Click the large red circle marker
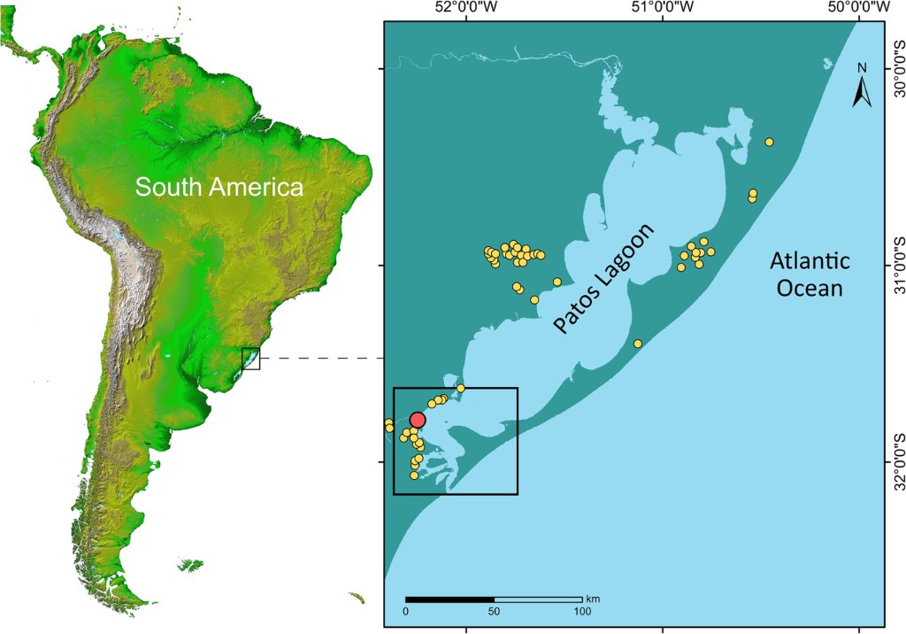(x=418, y=420)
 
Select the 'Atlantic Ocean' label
(x=809, y=274)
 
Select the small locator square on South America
(x=251, y=358)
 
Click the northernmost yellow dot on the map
(x=770, y=142)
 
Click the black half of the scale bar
(x=449, y=600)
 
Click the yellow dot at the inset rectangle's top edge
(x=460, y=388)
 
